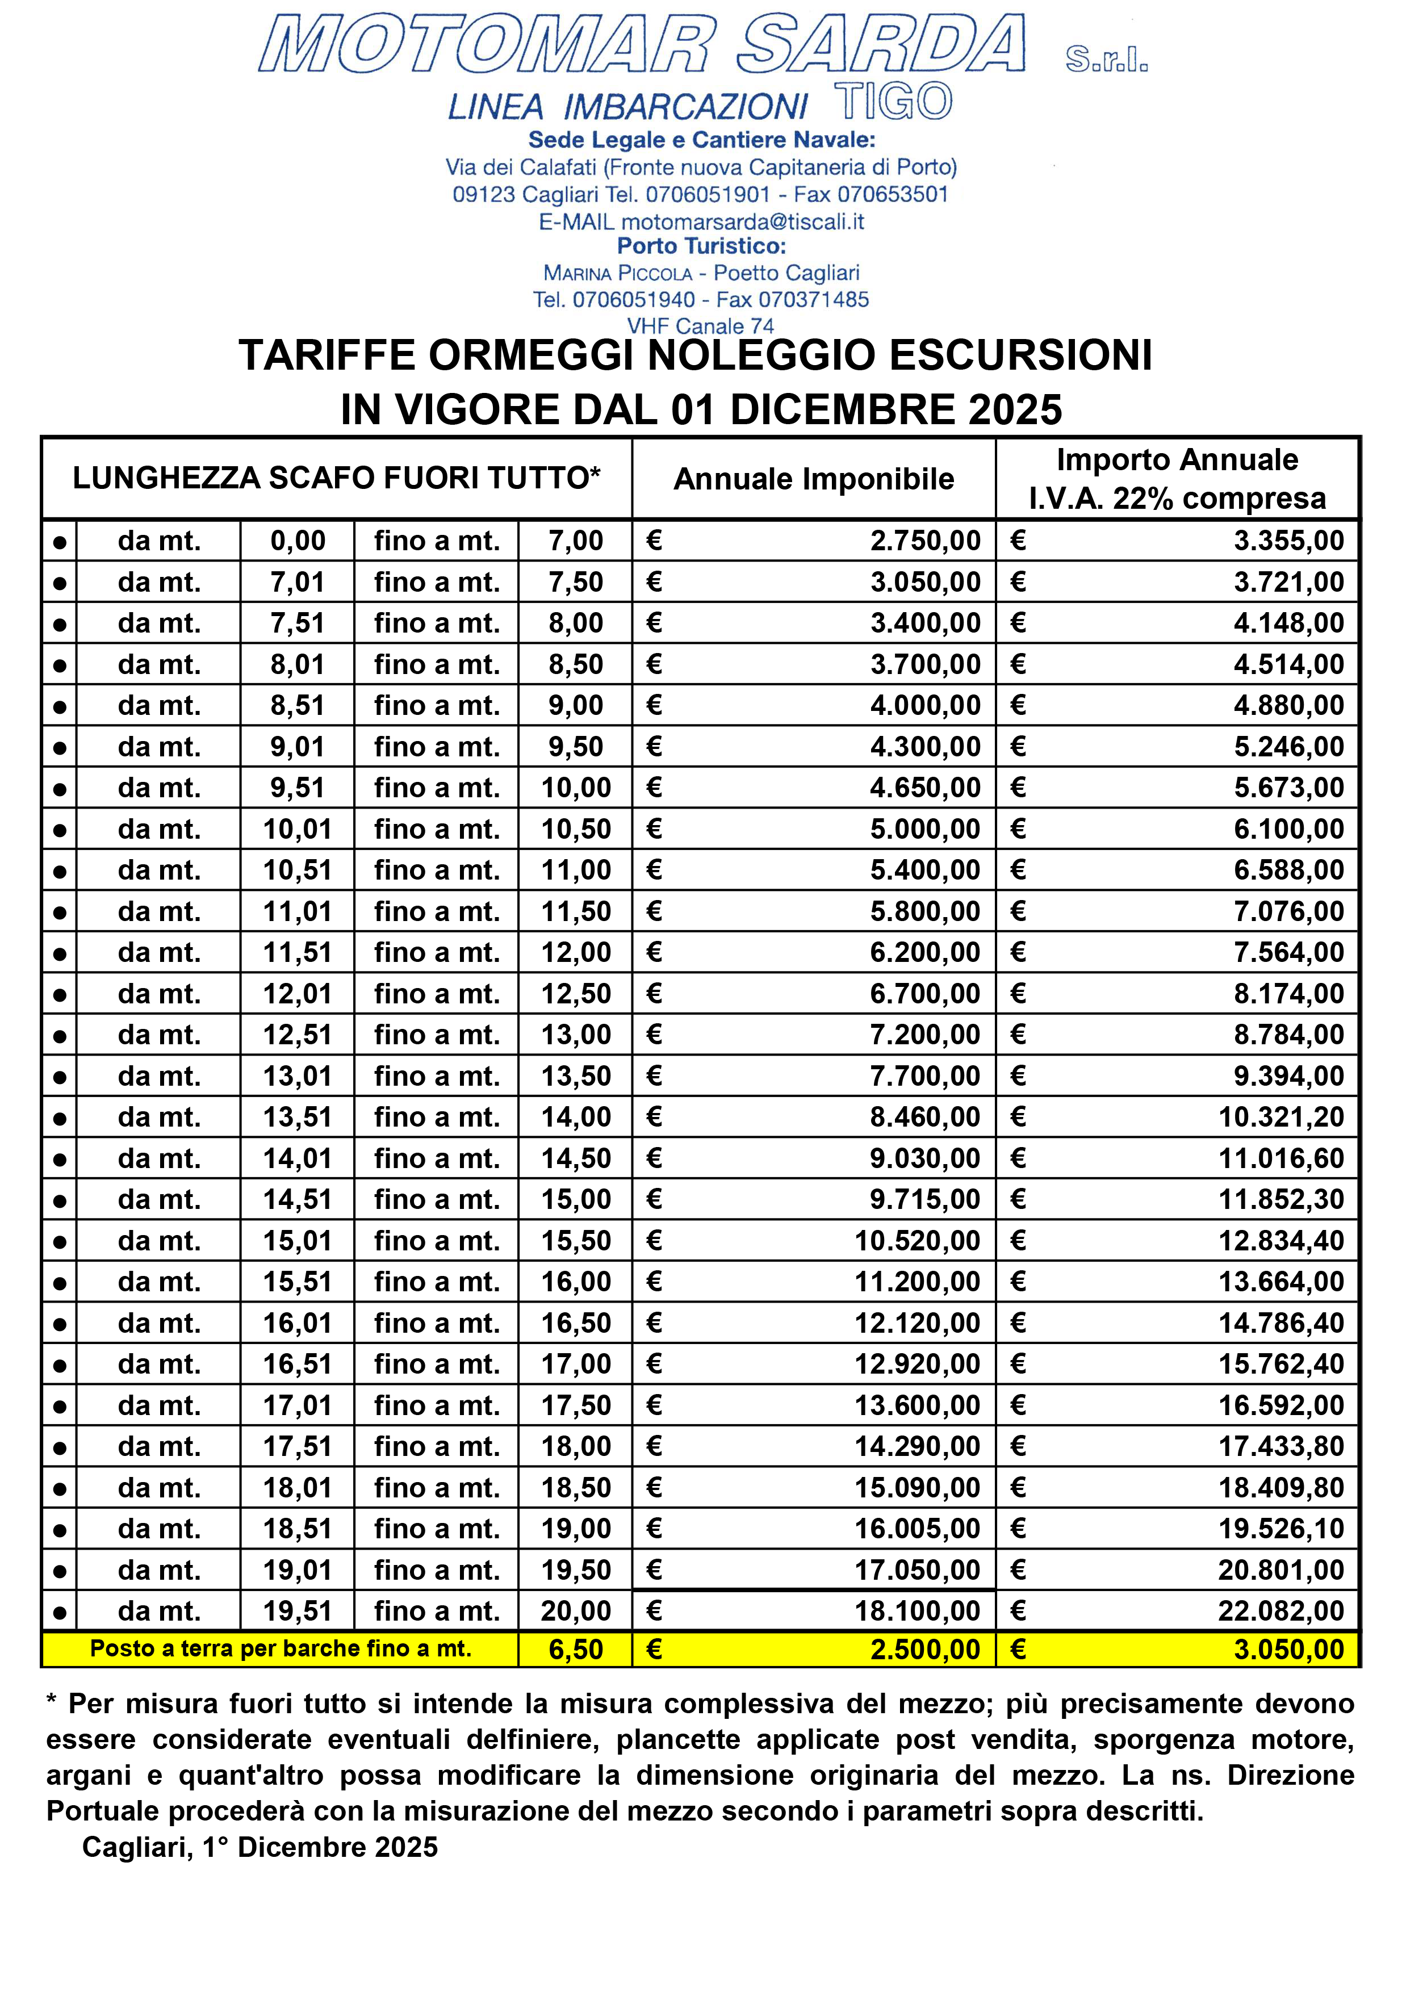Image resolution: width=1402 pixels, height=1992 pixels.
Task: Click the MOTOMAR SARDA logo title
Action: pos(642,43)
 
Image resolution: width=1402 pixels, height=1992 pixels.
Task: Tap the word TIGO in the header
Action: pos(894,102)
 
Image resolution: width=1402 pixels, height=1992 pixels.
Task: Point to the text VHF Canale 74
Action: pos(700,326)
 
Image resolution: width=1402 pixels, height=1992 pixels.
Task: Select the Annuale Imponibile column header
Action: pos(813,479)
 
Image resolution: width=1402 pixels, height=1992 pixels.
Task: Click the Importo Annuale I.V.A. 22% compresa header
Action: pos(1177,479)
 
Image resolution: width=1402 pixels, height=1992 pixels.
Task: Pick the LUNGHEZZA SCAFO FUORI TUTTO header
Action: pos(337,478)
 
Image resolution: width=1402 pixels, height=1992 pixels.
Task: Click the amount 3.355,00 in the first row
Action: pos(1288,541)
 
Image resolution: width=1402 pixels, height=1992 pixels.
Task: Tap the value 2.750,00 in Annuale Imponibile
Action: pos(925,541)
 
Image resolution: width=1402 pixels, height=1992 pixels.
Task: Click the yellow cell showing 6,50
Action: pos(575,1649)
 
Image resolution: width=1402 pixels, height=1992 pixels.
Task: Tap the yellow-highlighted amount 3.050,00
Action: pos(1288,1649)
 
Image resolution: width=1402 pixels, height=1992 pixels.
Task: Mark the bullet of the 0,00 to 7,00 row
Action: pos(59,542)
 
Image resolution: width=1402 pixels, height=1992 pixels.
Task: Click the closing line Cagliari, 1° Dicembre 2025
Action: pos(260,1847)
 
